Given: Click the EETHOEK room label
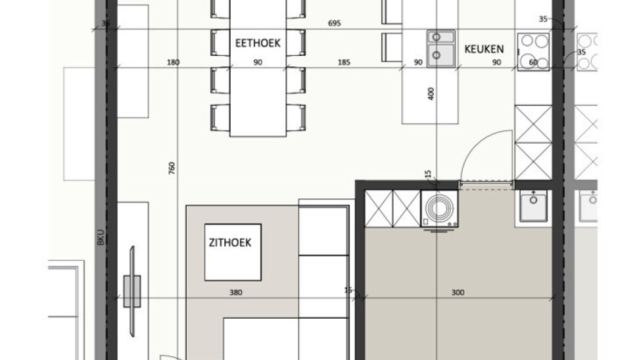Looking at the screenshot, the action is point(258,43).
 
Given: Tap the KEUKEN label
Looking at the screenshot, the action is point(484,49).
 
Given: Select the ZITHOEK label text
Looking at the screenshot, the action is point(230,242).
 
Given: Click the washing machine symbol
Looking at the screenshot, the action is point(439,209).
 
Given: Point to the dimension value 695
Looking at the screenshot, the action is point(334,23).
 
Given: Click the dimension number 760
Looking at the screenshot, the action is point(172,168).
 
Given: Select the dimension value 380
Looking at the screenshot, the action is point(235,292).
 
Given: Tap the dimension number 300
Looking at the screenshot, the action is point(458,292).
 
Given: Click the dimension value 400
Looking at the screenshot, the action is point(431,94).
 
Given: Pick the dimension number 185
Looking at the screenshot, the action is point(344,62).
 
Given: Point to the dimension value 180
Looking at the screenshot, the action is point(173,62).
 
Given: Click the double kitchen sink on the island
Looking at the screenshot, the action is point(441,49).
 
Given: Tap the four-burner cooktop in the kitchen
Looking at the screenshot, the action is point(533,52).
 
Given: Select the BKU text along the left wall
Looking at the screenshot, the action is point(101,237).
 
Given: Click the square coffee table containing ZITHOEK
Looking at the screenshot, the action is point(233,252).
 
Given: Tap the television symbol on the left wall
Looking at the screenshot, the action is point(132,291).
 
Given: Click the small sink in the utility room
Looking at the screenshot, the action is point(533,207).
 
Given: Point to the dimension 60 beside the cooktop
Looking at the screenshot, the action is point(533,62).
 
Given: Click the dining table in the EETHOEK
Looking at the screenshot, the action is point(258,68).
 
